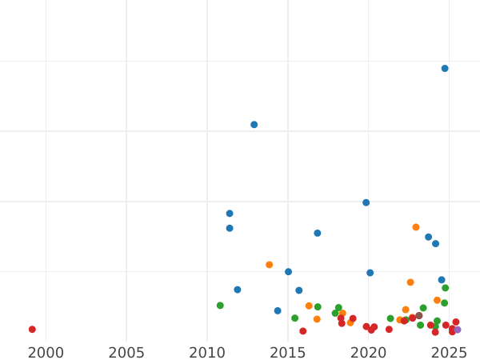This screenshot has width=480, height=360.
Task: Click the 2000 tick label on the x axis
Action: tap(46, 352)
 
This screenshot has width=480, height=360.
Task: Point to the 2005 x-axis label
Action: tap(126, 352)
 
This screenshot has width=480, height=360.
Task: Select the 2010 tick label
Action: tap(207, 352)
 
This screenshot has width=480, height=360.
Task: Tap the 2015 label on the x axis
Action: tap(288, 352)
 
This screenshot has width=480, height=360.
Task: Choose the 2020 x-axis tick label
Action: tap(369, 352)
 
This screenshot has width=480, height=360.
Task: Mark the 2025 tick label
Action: tap(449, 352)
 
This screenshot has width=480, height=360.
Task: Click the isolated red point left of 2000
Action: tap(32, 330)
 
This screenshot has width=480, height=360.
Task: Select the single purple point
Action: tap(458, 330)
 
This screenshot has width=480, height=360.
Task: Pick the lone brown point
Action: tap(418, 316)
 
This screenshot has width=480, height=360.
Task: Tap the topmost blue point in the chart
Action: tap(445, 69)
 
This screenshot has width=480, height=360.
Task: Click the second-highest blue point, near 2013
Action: tap(254, 125)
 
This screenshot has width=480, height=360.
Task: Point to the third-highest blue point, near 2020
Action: tap(366, 202)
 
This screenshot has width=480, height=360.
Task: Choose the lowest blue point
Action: tap(278, 311)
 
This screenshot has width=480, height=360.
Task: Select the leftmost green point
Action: tap(220, 306)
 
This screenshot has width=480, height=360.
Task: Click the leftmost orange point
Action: tap(270, 265)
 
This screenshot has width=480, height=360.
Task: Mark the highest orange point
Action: tap(416, 227)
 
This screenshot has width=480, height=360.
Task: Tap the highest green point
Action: tap(446, 288)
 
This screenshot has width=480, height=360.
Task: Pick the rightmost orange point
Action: tap(438, 301)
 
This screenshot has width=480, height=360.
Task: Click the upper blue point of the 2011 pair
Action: tap(230, 214)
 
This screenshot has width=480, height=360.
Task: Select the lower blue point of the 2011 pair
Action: tap(230, 228)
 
